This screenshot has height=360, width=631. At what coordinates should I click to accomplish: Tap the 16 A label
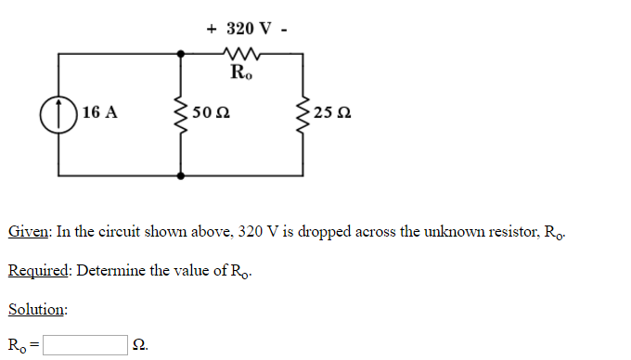coord(99,113)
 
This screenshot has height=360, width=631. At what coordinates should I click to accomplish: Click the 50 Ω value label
coord(211,114)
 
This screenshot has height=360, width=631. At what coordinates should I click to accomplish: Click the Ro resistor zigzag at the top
coord(239,53)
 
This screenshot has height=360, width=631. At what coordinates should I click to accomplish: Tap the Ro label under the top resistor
coord(240,71)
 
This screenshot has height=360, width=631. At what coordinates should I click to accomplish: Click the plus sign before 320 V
coord(212,28)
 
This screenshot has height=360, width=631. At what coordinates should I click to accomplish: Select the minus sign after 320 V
coord(283,28)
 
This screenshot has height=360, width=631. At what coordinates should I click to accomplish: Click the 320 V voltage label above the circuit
coord(247,28)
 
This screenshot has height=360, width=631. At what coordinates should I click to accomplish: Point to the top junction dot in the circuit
coord(180,53)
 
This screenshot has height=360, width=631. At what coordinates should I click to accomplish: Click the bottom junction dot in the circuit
coord(180,174)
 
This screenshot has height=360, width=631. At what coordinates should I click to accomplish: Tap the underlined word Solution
coord(37,308)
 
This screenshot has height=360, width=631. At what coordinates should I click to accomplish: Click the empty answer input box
coord(84,346)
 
